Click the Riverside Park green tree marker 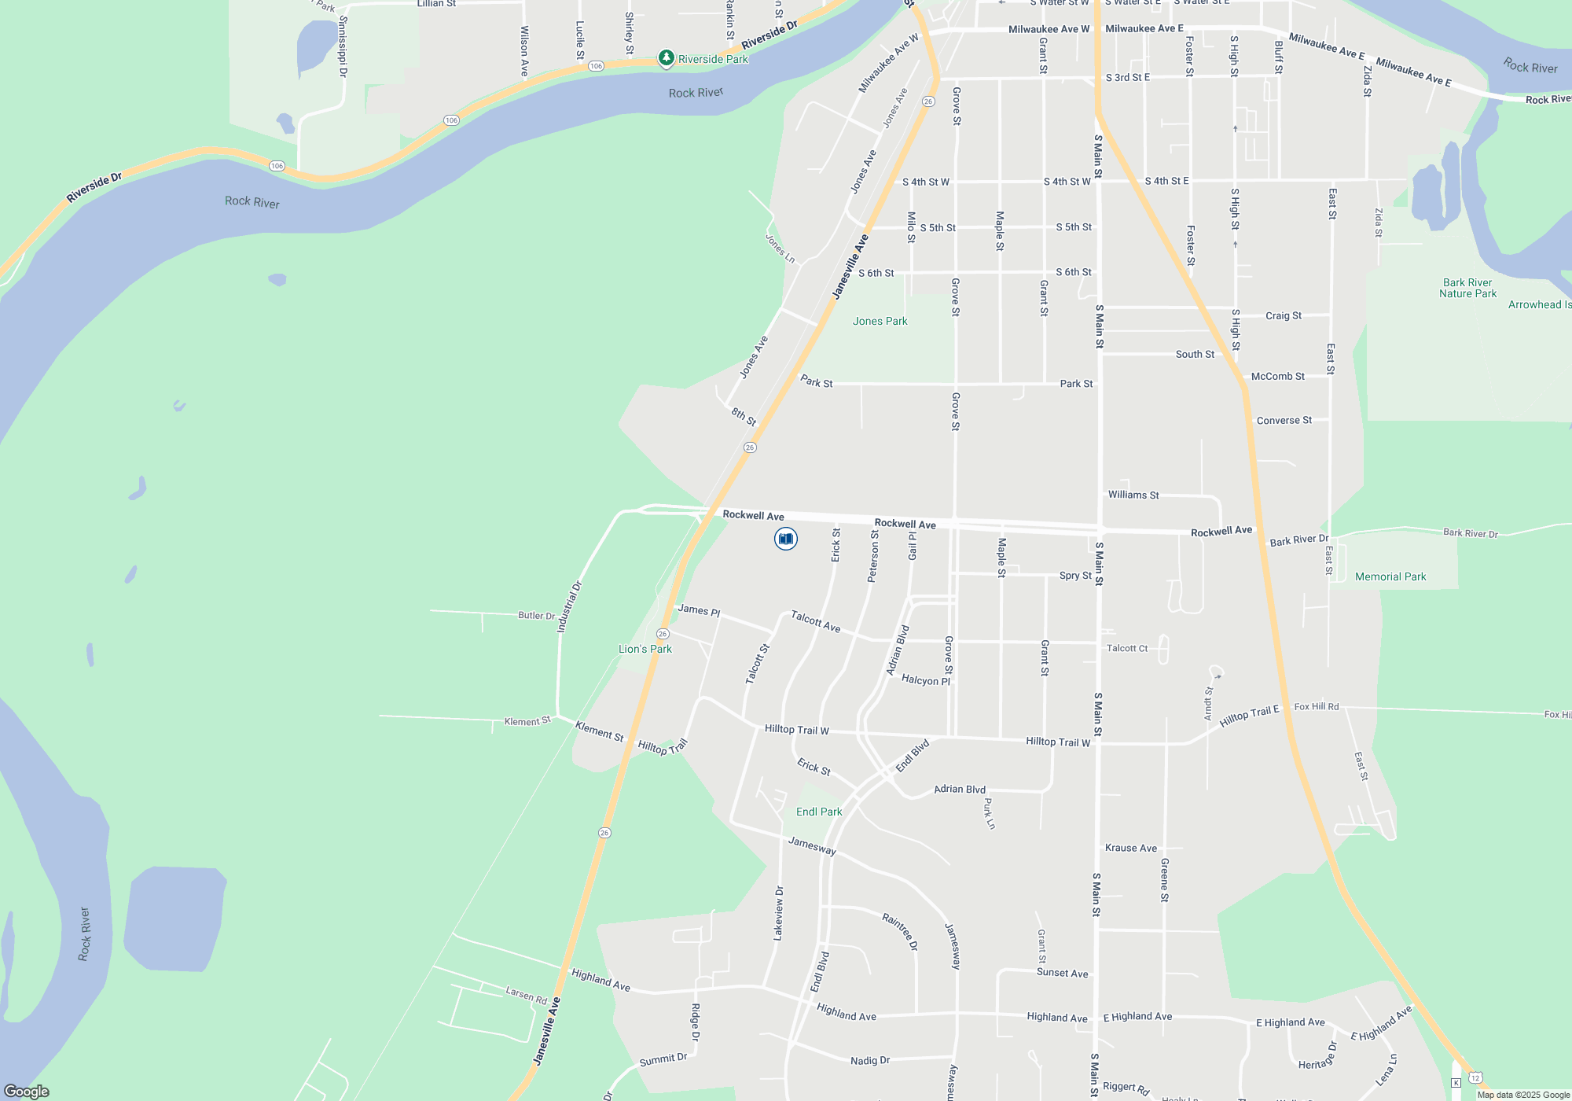(x=666, y=58)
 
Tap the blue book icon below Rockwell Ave (x=785, y=539)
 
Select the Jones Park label (x=880, y=321)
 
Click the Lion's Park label (x=645, y=649)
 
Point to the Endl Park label (x=818, y=812)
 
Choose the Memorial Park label (x=1390, y=576)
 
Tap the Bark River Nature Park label (x=1467, y=288)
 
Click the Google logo (x=27, y=1091)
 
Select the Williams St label (x=1133, y=495)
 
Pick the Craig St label (x=1283, y=315)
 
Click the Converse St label (x=1284, y=420)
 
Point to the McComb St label (x=1277, y=376)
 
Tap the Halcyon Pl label (x=925, y=679)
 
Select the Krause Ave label (x=1130, y=848)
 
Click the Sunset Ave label (x=1062, y=973)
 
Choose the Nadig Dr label (x=869, y=1060)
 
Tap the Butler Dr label (x=536, y=615)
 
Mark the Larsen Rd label (x=526, y=994)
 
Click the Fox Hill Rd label (x=1316, y=706)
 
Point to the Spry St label (x=1074, y=576)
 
